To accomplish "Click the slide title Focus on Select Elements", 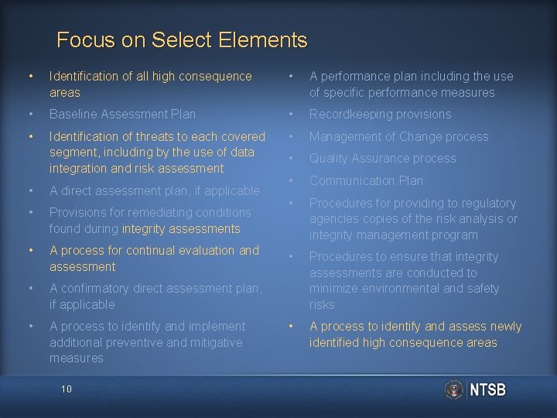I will pos(182,39).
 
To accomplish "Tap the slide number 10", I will pos(66,389).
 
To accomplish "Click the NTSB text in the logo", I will pos(488,390).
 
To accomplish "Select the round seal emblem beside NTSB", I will pos(455,389).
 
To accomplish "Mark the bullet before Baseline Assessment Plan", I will pos(29,115).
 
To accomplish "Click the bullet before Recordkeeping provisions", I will pos(290,115).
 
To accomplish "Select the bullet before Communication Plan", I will pos(290,180).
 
